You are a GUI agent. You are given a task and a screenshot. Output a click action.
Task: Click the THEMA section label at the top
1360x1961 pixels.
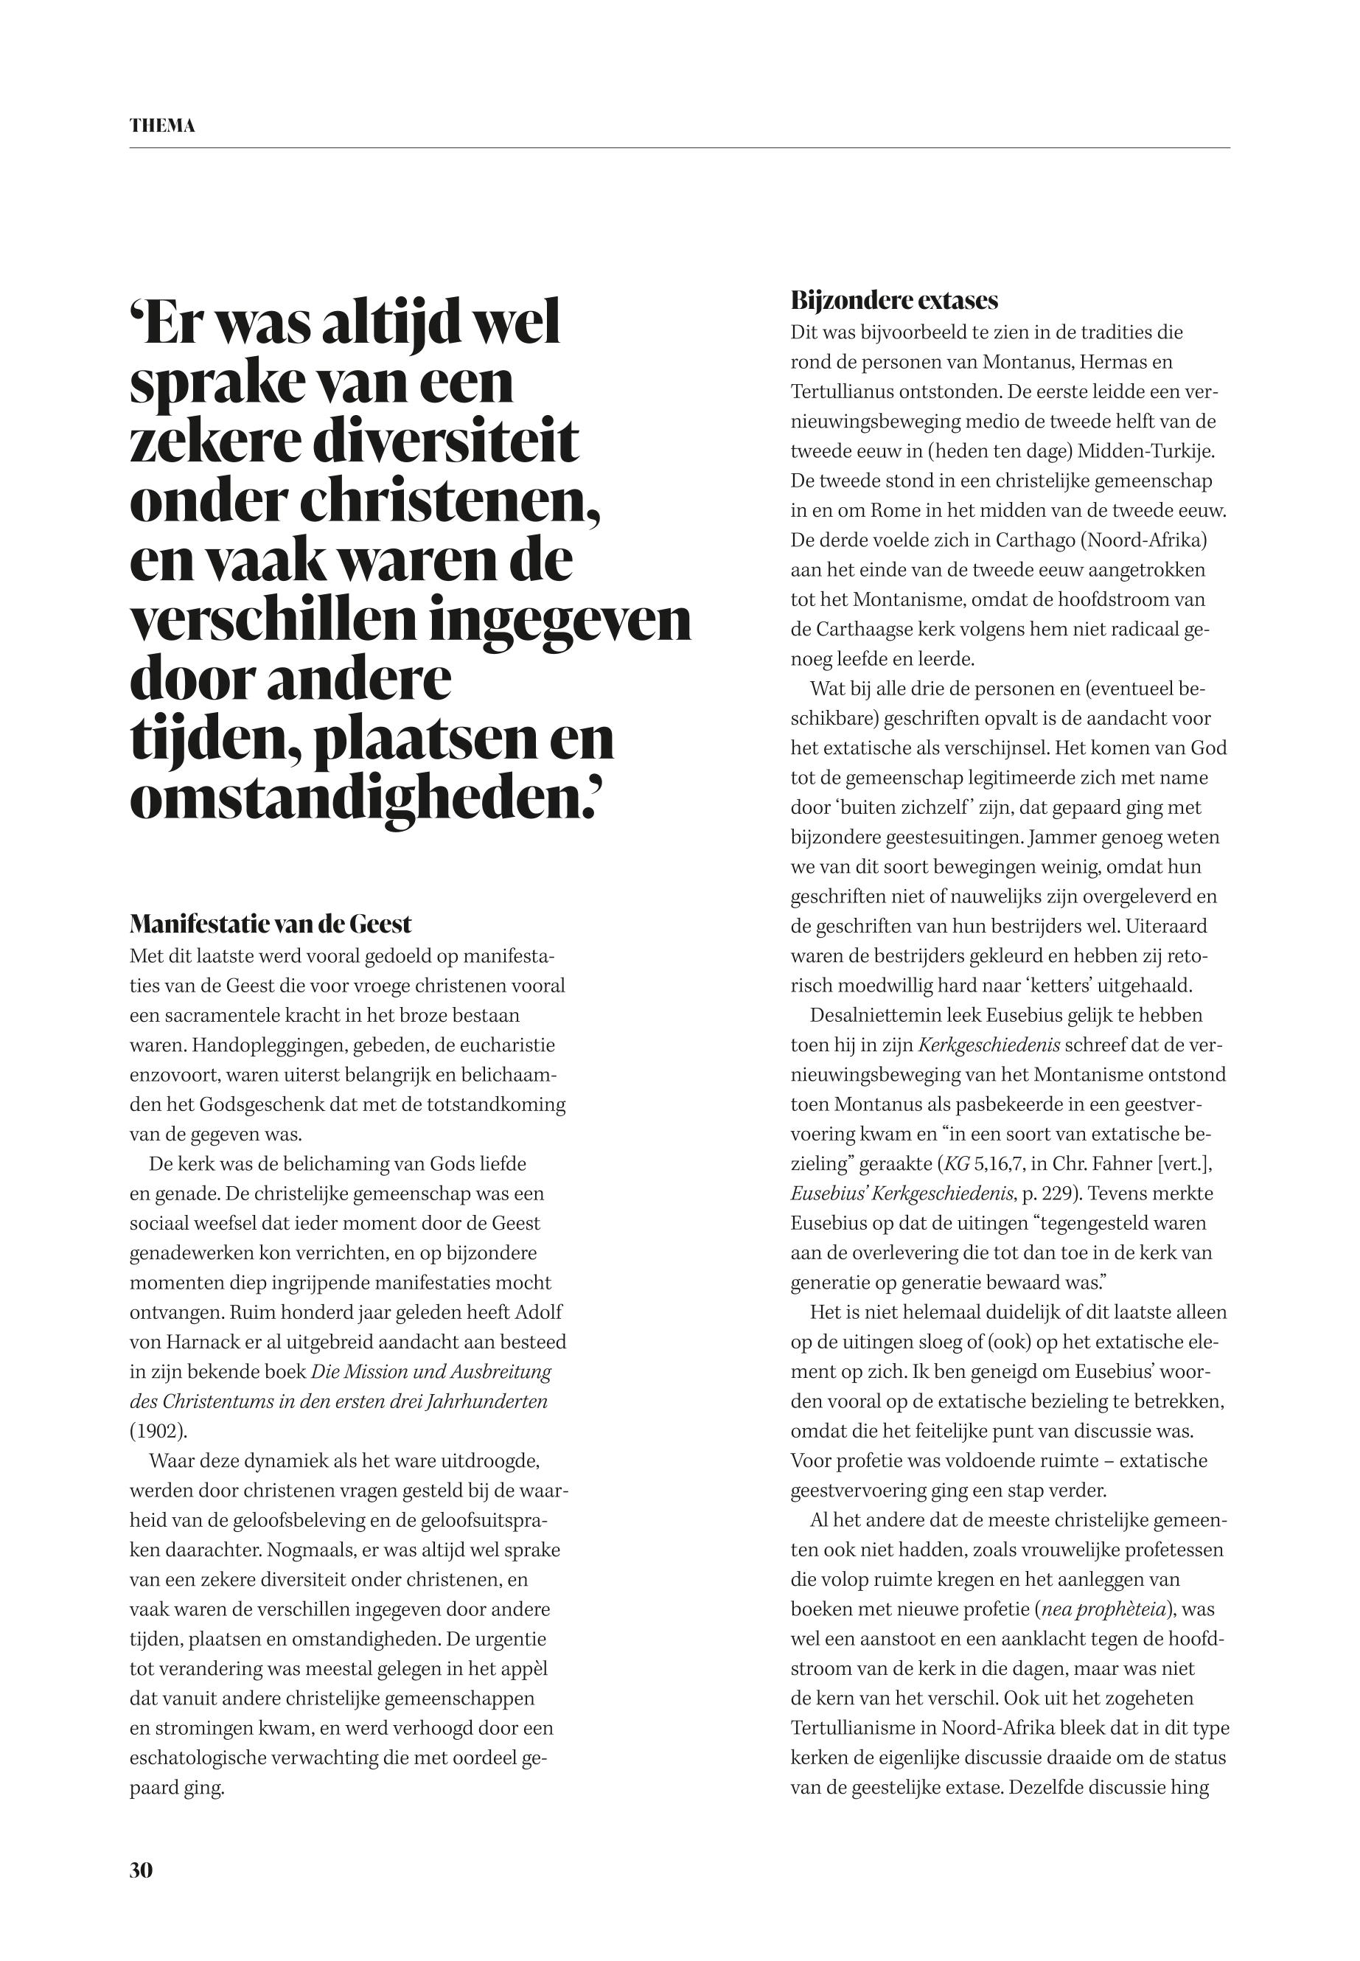click(x=162, y=126)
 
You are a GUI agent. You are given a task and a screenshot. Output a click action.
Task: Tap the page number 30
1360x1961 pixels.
click(x=141, y=1870)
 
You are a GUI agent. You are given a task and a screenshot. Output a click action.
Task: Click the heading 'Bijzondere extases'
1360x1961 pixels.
click(x=894, y=300)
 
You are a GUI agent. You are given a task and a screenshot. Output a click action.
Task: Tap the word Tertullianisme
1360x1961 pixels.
click(x=863, y=1728)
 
